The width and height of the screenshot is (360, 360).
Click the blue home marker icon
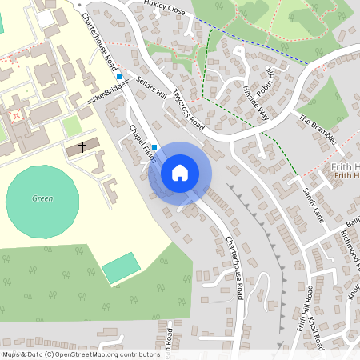(180, 173)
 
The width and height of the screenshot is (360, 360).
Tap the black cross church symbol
(82, 148)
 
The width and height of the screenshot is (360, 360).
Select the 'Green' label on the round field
(42, 198)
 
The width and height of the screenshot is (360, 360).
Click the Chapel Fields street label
(142, 144)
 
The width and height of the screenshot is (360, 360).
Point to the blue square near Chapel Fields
(154, 148)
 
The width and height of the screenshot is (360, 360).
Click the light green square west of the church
(72, 126)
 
